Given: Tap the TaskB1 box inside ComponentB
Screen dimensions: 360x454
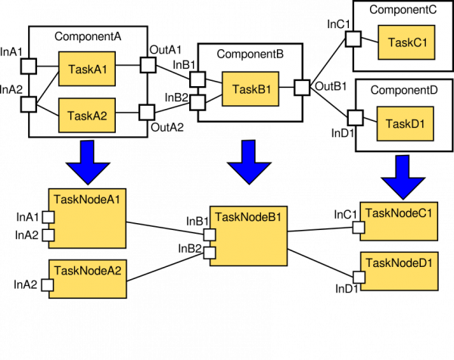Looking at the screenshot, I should (250, 88).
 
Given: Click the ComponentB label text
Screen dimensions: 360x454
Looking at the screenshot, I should (250, 54).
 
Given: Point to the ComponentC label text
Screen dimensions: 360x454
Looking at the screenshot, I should (404, 10).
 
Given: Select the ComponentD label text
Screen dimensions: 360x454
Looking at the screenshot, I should (404, 91).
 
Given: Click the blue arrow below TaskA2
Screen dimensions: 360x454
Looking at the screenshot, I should (88, 161).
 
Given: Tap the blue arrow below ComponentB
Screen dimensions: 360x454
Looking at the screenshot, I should (250, 161).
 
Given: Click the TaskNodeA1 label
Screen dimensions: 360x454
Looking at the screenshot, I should (88, 200).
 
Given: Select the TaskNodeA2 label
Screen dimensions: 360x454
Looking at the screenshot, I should (88, 270).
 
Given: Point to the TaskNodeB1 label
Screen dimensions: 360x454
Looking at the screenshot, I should (248, 218).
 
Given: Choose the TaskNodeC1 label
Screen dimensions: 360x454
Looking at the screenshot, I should (399, 213).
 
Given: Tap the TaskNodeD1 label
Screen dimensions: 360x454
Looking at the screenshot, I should (399, 263).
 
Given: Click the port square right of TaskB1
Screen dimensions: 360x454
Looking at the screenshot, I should (302, 87).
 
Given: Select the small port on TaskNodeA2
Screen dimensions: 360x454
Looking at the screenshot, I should (47, 285).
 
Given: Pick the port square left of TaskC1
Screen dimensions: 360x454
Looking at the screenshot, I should (353, 38).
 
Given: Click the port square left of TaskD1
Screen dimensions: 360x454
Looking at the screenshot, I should (353, 118).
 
